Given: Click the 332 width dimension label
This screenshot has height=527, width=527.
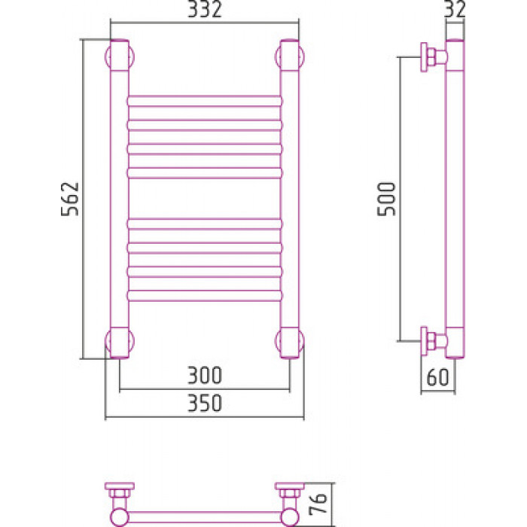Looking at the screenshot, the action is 205,9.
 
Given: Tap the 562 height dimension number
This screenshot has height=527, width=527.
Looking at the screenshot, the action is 70,199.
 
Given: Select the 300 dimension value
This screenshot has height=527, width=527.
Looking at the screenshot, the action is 205,375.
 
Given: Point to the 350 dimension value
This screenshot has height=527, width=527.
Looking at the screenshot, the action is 205,403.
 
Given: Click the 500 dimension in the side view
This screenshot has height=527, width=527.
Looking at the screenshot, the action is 386,199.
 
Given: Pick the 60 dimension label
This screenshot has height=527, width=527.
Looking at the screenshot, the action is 437,377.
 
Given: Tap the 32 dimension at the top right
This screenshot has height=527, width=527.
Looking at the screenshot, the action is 455,9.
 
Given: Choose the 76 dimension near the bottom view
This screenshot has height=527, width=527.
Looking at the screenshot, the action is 318,504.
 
